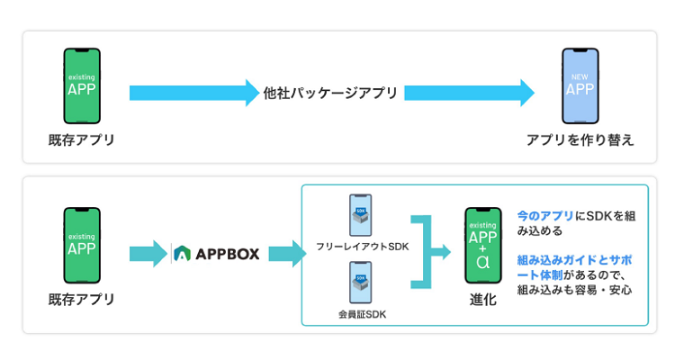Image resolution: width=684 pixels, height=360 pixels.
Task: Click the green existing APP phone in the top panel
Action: (x=82, y=85)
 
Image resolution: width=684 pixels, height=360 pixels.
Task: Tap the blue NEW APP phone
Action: (x=580, y=85)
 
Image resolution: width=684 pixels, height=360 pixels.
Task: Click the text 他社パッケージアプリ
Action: (x=330, y=93)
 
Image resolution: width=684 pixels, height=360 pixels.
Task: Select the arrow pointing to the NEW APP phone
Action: (x=468, y=93)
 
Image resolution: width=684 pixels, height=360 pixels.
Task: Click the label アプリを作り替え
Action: (x=580, y=140)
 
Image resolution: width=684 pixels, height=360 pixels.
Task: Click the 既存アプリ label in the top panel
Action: (x=82, y=140)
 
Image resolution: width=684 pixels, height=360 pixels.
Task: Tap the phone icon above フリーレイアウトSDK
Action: (x=360, y=216)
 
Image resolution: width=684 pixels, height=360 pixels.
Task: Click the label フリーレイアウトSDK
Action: (x=360, y=246)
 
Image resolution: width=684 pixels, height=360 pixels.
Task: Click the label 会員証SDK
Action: (x=360, y=314)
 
